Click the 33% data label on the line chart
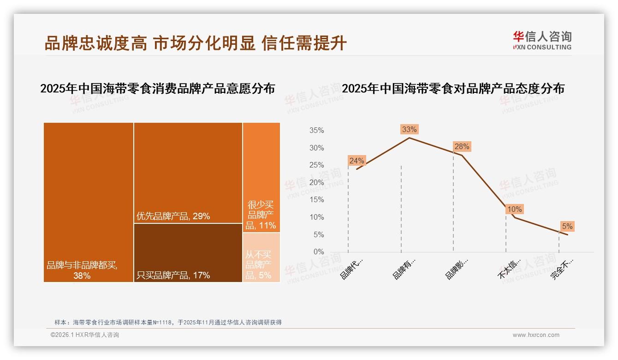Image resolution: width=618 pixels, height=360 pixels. (409, 129)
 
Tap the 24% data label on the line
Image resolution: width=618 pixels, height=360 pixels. (357, 161)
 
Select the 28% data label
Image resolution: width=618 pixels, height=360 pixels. (462, 146)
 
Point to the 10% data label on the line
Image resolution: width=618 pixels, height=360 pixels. (514, 209)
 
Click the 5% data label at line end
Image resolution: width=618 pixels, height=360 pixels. (567, 226)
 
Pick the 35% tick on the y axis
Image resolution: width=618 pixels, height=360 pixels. (316, 131)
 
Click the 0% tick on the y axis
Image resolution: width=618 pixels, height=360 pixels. (319, 252)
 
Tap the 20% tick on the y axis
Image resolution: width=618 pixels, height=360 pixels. (316, 183)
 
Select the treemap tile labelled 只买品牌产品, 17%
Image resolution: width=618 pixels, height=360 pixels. (188, 252)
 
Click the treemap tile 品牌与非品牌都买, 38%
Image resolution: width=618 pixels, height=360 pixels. (89, 202)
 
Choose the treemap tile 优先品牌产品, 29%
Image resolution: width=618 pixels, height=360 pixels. (188, 173)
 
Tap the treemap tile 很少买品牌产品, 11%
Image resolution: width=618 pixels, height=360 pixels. (261, 177)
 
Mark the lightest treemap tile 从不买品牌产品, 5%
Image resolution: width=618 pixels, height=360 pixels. (261, 257)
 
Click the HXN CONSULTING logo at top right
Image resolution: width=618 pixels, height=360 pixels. (542, 40)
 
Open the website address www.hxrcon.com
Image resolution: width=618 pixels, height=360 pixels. (536, 335)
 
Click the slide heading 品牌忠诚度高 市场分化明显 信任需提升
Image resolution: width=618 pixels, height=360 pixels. (196, 43)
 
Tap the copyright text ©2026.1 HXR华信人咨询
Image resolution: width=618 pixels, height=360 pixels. (85, 335)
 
